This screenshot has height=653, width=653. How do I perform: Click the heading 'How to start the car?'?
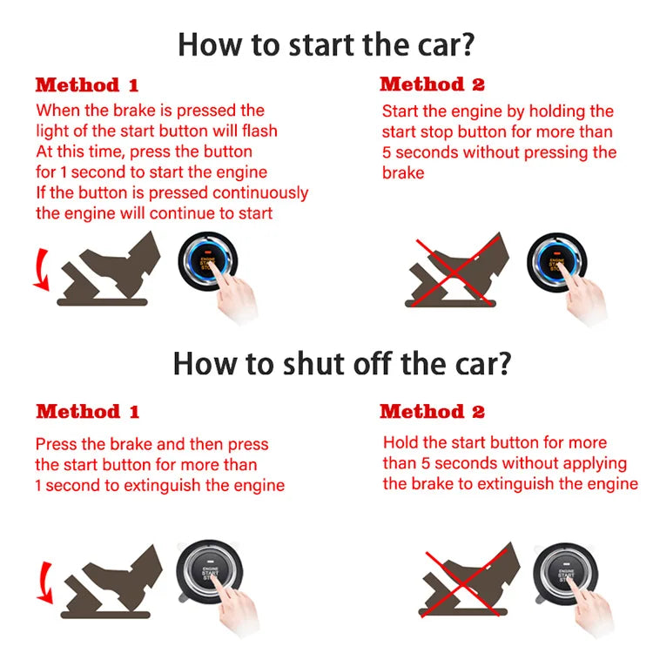[326, 43]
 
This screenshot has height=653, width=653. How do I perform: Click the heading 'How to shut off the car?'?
[340, 363]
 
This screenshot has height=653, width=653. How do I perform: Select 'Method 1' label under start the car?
[86, 85]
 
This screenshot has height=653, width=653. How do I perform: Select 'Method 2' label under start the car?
[432, 84]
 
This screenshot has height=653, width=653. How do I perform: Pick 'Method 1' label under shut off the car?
[87, 411]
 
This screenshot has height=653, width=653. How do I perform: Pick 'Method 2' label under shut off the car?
[432, 411]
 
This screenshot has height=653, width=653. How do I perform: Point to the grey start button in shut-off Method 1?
[209, 576]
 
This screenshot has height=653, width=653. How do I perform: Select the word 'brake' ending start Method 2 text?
[403, 173]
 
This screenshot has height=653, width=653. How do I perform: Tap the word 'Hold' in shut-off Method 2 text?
[401, 442]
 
